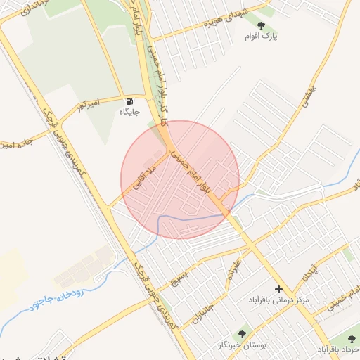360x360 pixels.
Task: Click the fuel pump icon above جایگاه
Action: click(x=129, y=101)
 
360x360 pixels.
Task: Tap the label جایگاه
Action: click(x=129, y=112)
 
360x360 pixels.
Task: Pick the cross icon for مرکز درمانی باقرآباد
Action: click(x=278, y=289)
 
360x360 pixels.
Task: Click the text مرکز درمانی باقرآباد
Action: click(x=278, y=300)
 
